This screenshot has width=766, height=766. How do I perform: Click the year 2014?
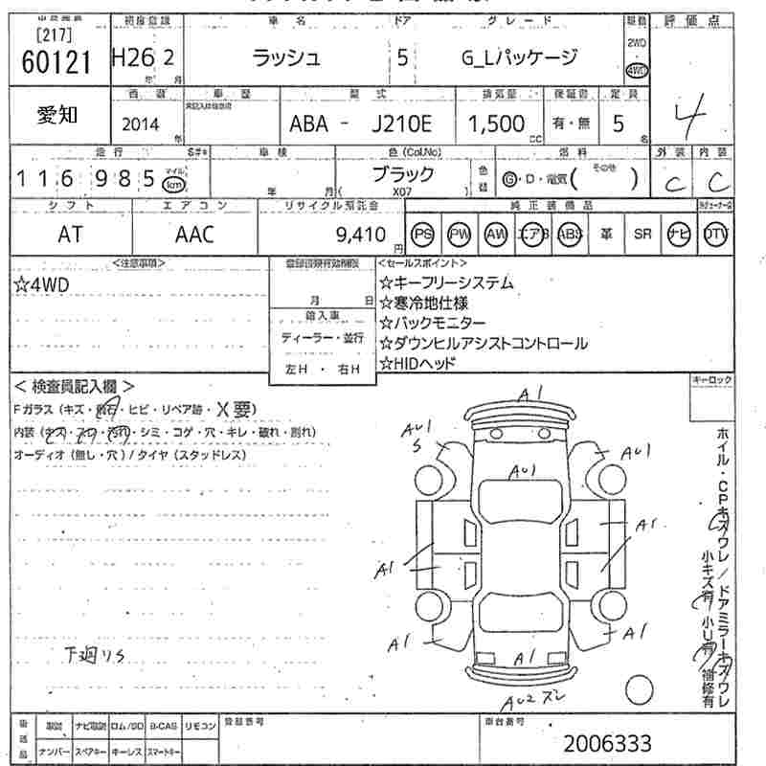[141, 124]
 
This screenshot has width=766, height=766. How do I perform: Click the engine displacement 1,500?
[496, 124]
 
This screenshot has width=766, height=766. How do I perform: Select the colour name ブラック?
[402, 174]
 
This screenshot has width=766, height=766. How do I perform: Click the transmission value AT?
[70, 235]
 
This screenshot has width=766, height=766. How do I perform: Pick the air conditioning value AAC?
[195, 235]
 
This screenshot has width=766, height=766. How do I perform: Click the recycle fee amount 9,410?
[360, 235]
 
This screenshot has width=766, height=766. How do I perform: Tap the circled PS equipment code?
[422, 235]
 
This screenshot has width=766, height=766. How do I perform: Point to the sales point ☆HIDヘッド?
[417, 363]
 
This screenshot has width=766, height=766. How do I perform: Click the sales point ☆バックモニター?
[432, 323]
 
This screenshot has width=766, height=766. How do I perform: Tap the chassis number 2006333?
[607, 743]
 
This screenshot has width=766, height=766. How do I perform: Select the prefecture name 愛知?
[57, 116]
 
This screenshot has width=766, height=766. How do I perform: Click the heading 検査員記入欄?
[66, 387]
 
